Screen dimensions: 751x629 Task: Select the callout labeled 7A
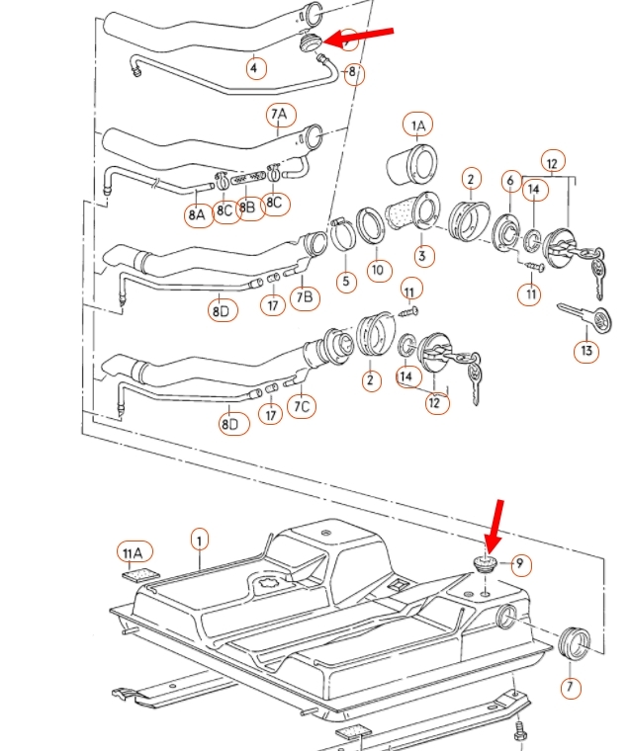coord(279,116)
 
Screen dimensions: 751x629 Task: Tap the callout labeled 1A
coord(417,125)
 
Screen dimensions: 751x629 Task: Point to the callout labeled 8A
coord(198,212)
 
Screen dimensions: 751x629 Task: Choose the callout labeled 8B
coord(249,209)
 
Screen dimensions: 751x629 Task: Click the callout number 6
coord(511,180)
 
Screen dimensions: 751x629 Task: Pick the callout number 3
coord(423,257)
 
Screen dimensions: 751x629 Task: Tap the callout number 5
coord(345,282)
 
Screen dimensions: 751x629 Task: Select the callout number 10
coord(377,270)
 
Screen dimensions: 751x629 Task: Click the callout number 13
coord(586,350)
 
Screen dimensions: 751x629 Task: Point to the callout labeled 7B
coord(306,295)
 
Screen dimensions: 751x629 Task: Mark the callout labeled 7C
coord(303,405)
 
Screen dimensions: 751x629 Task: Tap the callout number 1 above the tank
coord(200,540)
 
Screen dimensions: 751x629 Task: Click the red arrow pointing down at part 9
coord(494,527)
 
